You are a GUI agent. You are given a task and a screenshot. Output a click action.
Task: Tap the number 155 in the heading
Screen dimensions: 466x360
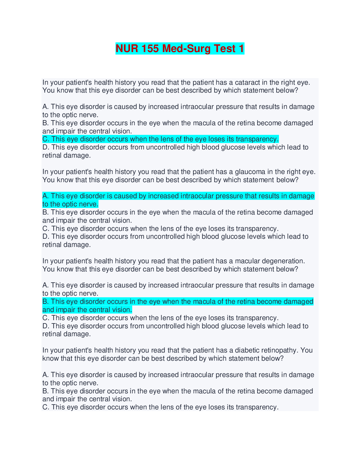point(150,49)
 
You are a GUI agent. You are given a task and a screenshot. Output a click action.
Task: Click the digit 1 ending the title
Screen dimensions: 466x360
point(241,49)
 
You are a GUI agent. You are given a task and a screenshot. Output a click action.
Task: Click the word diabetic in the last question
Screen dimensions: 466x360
point(247,350)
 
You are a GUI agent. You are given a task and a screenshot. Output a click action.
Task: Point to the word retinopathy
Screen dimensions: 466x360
point(279,350)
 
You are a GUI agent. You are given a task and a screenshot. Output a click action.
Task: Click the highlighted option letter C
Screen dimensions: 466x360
point(45,139)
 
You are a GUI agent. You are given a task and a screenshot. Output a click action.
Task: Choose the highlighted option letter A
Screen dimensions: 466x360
point(45,196)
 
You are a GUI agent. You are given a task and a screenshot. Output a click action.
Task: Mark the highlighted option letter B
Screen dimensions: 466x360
point(45,302)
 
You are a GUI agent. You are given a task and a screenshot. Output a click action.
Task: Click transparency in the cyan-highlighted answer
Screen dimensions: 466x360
point(257,139)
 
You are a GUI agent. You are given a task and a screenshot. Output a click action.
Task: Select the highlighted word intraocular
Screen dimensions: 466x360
point(197,196)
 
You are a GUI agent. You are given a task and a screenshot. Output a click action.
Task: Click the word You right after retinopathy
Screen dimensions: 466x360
point(307,350)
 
